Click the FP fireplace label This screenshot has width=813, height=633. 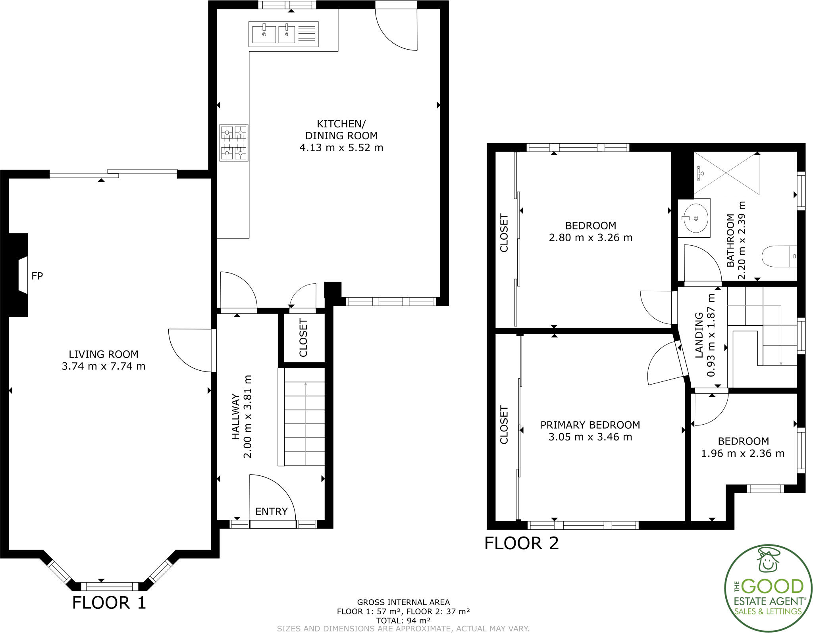pyautogui.click(x=37, y=276)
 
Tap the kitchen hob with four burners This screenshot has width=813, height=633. pyautogui.click(x=234, y=142)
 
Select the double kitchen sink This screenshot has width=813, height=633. pyautogui.click(x=283, y=34)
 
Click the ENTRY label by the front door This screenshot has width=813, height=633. pyautogui.click(x=271, y=512)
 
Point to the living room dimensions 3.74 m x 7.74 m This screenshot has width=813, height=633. pyautogui.click(x=104, y=366)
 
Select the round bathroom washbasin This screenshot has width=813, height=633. pyautogui.click(x=694, y=218)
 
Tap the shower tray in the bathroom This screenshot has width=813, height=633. pyautogui.click(x=726, y=174)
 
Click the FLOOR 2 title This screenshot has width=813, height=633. pyautogui.click(x=521, y=543)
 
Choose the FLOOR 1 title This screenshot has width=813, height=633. pyautogui.click(x=109, y=602)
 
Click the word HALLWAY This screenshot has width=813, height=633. pyautogui.click(x=236, y=417)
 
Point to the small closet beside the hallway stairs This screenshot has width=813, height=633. pyautogui.click(x=302, y=339)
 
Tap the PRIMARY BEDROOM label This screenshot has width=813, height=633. pyautogui.click(x=590, y=425)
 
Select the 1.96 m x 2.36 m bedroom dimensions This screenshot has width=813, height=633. pyautogui.click(x=743, y=454)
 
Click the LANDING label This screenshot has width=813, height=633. pyautogui.click(x=699, y=335)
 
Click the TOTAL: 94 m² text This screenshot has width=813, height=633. pyautogui.click(x=403, y=620)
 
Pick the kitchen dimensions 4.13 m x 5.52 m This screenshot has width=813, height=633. pyautogui.click(x=341, y=148)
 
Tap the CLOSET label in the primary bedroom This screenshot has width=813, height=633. pyautogui.click(x=504, y=425)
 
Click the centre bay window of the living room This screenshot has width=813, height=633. pyautogui.click(x=110, y=586)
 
